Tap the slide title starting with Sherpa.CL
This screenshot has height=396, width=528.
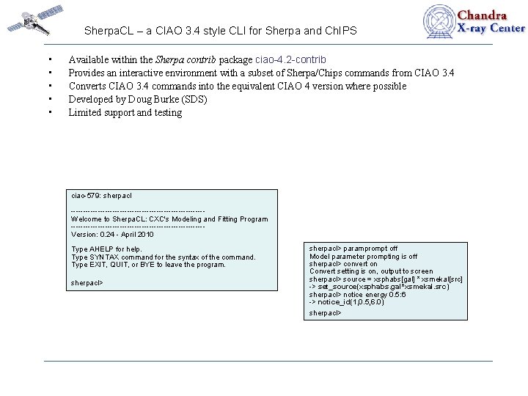click(x=220, y=31)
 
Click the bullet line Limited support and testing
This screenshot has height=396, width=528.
click(x=125, y=112)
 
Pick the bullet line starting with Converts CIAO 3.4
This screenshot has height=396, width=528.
click(x=237, y=86)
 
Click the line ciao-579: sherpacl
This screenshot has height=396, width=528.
click(x=101, y=196)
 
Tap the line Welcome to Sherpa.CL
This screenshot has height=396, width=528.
click(x=169, y=219)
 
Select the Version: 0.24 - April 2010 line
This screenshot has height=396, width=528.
click(x=112, y=235)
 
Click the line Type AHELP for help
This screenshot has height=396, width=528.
click(x=106, y=249)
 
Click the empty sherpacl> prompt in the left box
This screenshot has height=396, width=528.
click(x=87, y=282)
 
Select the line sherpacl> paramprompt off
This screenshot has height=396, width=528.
click(x=353, y=249)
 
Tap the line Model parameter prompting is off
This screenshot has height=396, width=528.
click(x=363, y=256)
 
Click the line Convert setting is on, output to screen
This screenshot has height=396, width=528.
click(x=371, y=271)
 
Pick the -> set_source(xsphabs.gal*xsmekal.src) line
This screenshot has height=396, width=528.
click(x=379, y=287)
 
